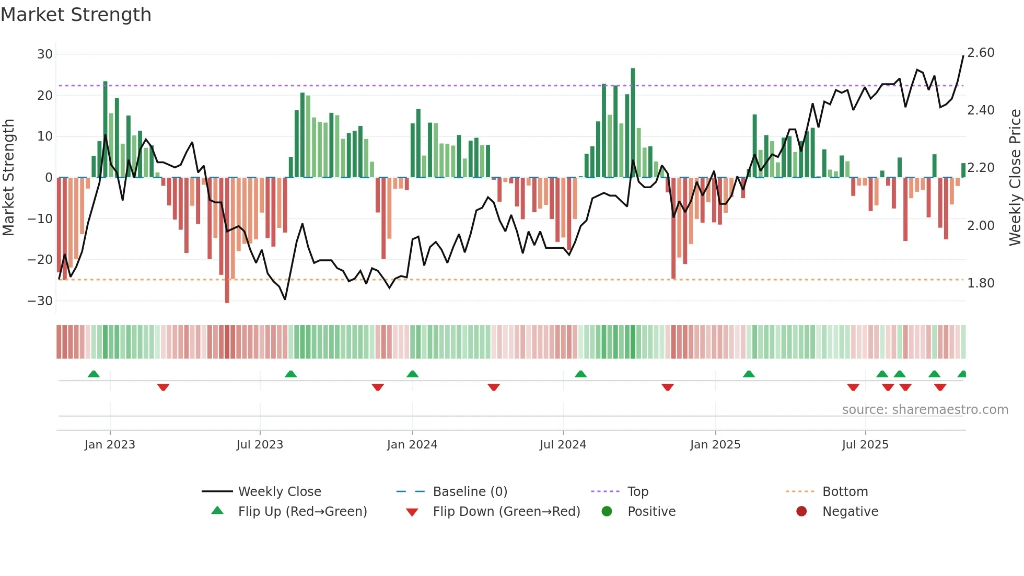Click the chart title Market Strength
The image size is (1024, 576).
pyautogui.click(x=76, y=15)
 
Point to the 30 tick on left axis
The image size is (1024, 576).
pyautogui.click(x=45, y=54)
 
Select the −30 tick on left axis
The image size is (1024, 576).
pyautogui.click(x=41, y=301)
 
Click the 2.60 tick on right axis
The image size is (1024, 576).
pyautogui.click(x=981, y=53)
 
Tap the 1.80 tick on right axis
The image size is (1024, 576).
pyautogui.click(x=981, y=283)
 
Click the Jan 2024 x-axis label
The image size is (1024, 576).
pyautogui.click(x=412, y=445)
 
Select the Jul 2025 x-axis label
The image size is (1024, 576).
pyautogui.click(x=865, y=445)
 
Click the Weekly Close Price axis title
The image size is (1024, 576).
pyautogui.click(x=1015, y=178)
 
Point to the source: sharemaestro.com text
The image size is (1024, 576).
pyautogui.click(x=925, y=410)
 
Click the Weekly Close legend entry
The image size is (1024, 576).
pyautogui.click(x=280, y=492)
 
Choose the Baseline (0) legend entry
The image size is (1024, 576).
pyautogui.click(x=470, y=492)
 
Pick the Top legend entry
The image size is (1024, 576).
pyautogui.click(x=637, y=492)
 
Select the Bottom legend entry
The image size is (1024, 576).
pyautogui.click(x=845, y=492)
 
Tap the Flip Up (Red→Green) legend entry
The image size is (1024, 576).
pyautogui.click(x=302, y=512)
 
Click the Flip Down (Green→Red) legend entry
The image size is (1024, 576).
pyautogui.click(x=506, y=512)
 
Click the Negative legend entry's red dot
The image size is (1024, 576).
pyautogui.click(x=801, y=512)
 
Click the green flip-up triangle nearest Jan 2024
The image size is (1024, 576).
pyautogui.click(x=412, y=374)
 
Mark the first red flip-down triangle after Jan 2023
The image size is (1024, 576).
pyautogui.click(x=163, y=387)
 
